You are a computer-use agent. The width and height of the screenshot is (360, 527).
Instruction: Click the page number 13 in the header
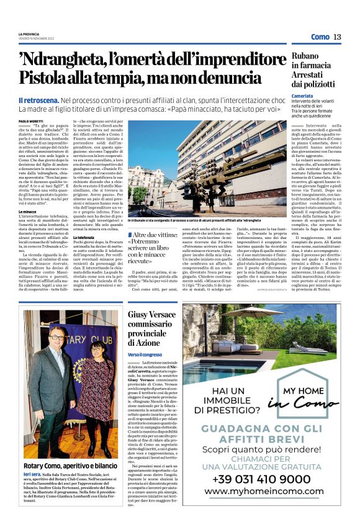(337, 37)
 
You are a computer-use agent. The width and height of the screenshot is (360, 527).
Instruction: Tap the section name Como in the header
(320, 37)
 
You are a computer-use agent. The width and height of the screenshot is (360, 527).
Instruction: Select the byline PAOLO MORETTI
(32, 122)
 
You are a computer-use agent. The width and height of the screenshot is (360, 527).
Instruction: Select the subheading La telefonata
(87, 236)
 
